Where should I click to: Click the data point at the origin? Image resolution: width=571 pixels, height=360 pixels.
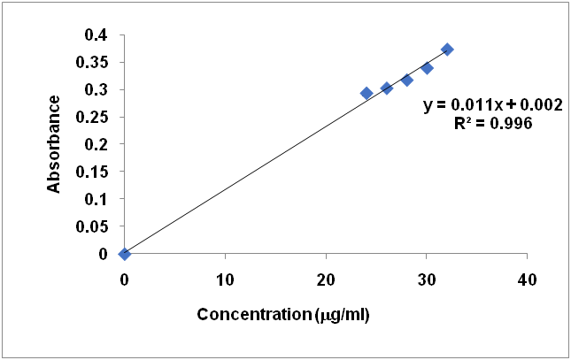pyautogui.click(x=125, y=254)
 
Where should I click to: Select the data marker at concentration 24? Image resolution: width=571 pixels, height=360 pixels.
pyautogui.click(x=367, y=93)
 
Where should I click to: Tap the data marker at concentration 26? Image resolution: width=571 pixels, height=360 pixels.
pyautogui.click(x=387, y=88)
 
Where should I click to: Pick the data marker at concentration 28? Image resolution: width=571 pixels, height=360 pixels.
pyautogui.click(x=407, y=80)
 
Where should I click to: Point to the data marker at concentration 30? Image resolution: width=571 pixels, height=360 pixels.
pyautogui.click(x=427, y=68)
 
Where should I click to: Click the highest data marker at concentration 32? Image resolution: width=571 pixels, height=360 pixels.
pyautogui.click(x=447, y=50)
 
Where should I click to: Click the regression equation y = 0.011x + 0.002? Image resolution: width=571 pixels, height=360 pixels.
pyautogui.click(x=492, y=105)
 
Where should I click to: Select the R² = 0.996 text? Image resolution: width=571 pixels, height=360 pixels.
pyautogui.click(x=492, y=124)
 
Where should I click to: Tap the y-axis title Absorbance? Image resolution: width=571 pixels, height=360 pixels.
pyautogui.click(x=55, y=143)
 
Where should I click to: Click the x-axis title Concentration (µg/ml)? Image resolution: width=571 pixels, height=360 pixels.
pyautogui.click(x=282, y=314)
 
